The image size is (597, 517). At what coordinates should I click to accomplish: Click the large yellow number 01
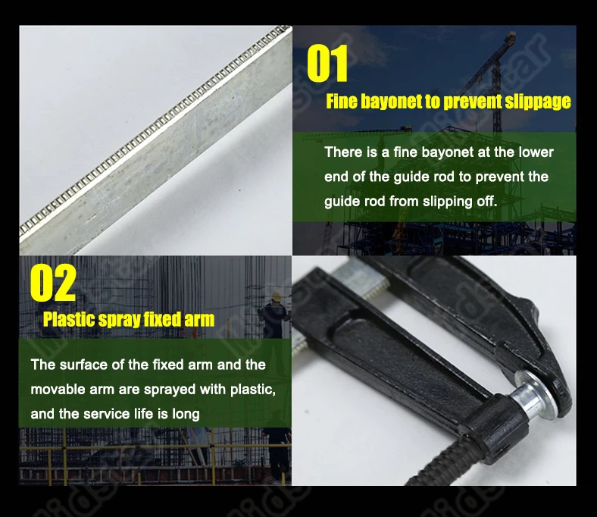[x=327, y=63]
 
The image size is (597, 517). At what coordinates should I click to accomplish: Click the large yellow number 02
[x=53, y=282]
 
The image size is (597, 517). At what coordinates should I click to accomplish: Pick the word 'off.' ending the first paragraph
[x=487, y=201]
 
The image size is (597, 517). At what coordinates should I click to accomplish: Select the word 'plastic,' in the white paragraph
[x=253, y=390]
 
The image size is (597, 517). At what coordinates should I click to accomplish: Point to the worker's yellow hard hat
[x=276, y=296]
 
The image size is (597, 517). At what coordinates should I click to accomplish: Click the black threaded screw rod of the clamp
[x=437, y=464]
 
